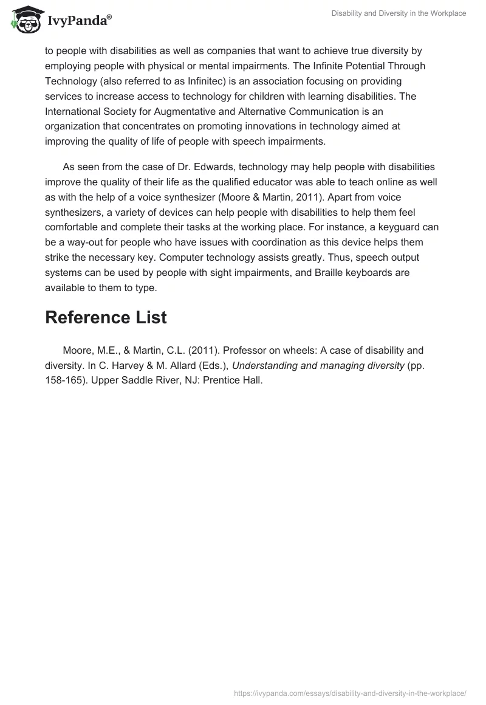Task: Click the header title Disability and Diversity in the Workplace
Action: (399, 13)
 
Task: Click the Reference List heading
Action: (106, 317)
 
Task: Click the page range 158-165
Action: (67, 381)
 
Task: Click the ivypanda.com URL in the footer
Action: (351, 693)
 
